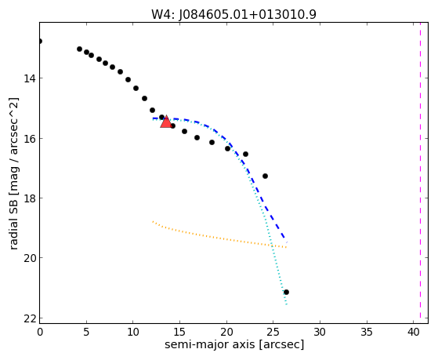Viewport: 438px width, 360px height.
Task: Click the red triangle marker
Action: (166, 122)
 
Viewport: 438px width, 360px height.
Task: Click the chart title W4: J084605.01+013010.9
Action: (233, 15)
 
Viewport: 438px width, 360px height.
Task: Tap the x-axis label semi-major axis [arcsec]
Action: (234, 344)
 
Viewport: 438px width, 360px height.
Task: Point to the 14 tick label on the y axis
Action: (29, 78)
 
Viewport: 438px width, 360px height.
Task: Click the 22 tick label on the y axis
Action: (29, 318)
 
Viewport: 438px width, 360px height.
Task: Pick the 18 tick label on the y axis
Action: (29, 198)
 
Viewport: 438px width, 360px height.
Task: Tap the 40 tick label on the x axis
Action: (414, 332)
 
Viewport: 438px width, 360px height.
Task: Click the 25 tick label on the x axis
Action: (273, 332)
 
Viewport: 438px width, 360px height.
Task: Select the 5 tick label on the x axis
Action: (86, 332)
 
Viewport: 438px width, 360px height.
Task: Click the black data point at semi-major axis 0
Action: (40, 42)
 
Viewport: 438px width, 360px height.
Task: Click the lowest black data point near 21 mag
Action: (286, 292)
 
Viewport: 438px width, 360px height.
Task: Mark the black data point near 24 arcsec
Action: (265, 176)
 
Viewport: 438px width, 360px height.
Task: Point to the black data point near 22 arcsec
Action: (245, 155)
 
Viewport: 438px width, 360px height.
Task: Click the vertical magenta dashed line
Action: (420, 173)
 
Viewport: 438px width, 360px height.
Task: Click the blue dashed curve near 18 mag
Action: (262, 199)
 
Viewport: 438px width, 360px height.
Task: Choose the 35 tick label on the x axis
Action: (367, 332)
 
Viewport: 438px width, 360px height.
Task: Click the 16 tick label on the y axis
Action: (29, 139)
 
